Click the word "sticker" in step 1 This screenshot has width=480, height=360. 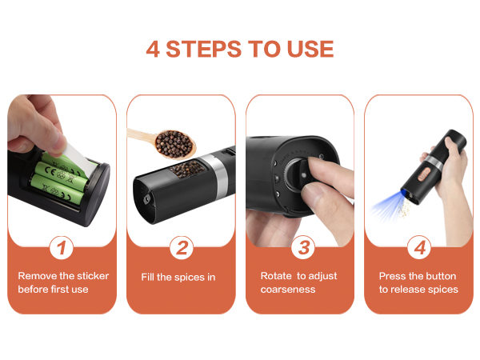point(90,276)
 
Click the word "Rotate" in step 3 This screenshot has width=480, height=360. point(276,276)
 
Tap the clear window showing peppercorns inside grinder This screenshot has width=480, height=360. point(186,170)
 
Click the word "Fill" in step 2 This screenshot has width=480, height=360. point(150,277)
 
